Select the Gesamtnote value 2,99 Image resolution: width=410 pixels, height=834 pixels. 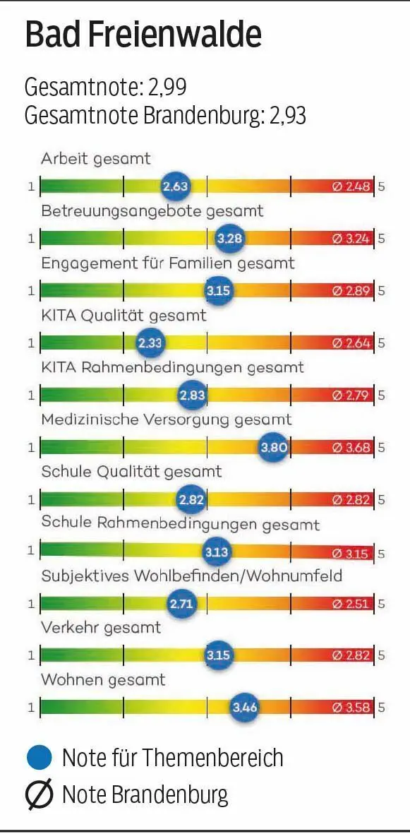pos(167,88)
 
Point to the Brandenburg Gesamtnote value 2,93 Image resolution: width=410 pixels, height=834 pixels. pos(287,115)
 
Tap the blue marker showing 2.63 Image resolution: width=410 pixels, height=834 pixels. pos(175,186)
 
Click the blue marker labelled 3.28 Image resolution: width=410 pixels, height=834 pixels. pos(229,239)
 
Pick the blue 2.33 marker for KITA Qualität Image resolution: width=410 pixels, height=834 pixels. pos(150,343)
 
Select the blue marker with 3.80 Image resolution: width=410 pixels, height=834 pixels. pos(273,447)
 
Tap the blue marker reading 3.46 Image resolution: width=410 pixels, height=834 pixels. pos(244,707)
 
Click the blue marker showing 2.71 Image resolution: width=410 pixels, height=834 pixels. pos(181,603)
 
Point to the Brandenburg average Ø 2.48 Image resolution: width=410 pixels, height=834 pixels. pos(351,186)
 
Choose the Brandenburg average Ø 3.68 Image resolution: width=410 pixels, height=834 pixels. pos(351,447)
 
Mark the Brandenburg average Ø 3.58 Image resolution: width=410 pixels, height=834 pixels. pos(351,707)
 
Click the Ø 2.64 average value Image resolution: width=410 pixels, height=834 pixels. pos(351,343)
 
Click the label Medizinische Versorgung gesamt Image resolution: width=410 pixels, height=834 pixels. pos(166,419)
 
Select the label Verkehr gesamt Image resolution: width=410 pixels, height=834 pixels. pos(101,627)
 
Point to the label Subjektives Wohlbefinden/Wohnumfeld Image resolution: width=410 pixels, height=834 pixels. pos(191,576)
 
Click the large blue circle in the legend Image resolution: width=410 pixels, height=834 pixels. pos(40,758)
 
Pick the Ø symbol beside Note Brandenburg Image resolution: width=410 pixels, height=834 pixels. pos(40,795)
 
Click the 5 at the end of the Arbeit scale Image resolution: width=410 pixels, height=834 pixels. pos(382,186)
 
